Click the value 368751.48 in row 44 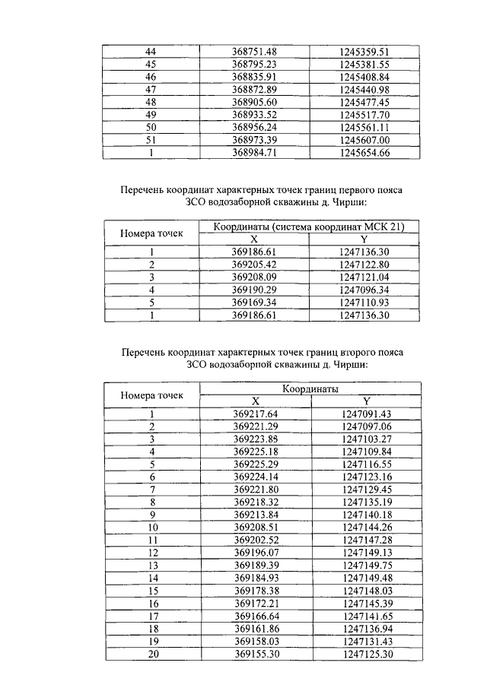[x=254, y=51]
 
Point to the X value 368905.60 [x=254, y=102]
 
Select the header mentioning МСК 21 [x=309, y=227]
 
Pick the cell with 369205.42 [x=254, y=265]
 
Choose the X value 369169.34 [x=254, y=303]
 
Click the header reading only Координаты [x=309, y=389]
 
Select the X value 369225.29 [x=254, y=464]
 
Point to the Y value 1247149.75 [x=366, y=566]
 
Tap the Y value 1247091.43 [x=366, y=414]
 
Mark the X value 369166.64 [x=254, y=616]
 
